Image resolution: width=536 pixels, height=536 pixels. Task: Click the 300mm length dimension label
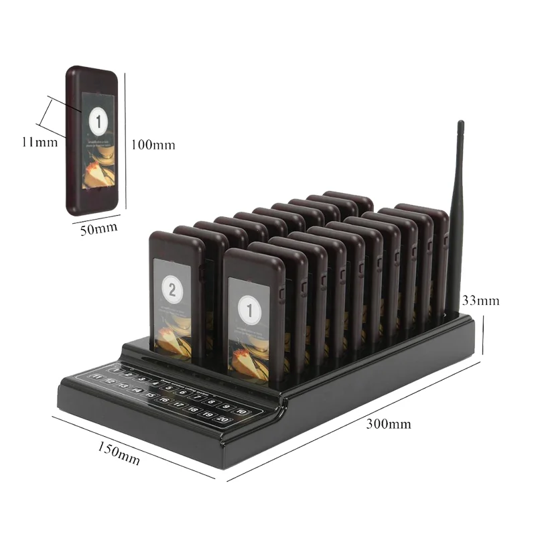(x=389, y=423)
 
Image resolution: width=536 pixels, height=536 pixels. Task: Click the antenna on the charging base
(x=458, y=214)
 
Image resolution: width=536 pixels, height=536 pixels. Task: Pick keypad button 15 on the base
(x=151, y=395)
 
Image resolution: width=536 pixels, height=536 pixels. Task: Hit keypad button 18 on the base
(x=193, y=408)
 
